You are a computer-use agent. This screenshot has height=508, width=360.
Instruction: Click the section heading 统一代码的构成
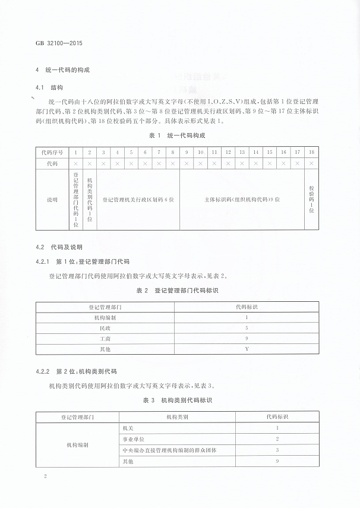[x=67, y=71]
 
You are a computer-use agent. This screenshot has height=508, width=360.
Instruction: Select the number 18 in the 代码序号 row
[x=311, y=152]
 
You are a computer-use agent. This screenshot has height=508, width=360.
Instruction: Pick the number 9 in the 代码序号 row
[x=187, y=152]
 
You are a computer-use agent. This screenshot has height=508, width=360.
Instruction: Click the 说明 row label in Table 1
[x=52, y=200]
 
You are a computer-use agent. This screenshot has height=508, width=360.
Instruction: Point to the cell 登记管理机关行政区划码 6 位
[x=138, y=200]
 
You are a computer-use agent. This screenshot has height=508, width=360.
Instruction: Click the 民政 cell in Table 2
[x=105, y=327]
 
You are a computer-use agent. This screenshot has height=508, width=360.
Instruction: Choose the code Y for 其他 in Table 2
[x=246, y=349]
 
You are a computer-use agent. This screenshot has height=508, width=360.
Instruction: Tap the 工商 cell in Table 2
[x=105, y=338]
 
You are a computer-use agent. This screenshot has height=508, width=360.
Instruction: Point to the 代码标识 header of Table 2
[x=246, y=307]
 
